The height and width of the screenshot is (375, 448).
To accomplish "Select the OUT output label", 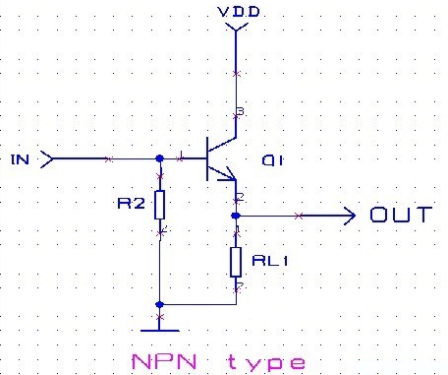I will [400, 214].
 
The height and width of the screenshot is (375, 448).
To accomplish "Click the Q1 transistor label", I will [273, 160].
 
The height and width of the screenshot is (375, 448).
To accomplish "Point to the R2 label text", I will [132, 205].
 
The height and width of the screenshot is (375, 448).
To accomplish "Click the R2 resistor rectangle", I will [160, 205].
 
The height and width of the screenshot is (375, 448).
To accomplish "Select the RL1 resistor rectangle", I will [236, 261].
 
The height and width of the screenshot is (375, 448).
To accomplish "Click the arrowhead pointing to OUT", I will [350, 215].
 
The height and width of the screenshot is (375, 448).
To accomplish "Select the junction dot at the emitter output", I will [236, 215].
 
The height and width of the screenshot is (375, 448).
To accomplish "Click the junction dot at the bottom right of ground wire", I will [159, 304].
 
